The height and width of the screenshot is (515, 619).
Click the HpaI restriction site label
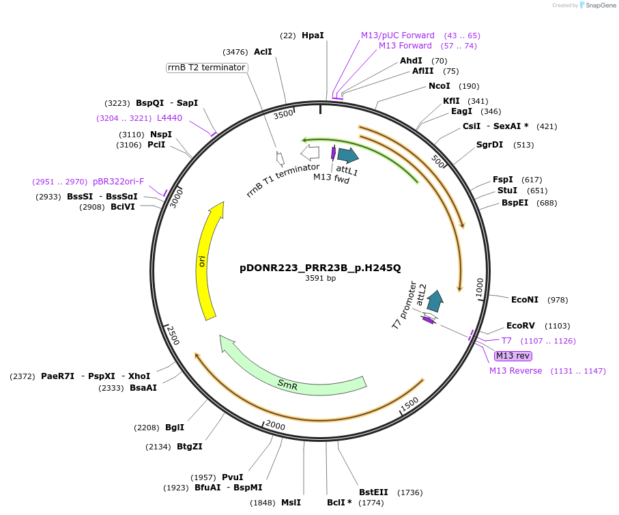(313, 35)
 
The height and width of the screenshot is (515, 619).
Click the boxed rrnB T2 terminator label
(207, 68)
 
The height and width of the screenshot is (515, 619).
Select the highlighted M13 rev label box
(513, 355)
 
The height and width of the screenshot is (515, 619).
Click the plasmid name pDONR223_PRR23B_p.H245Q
(320, 268)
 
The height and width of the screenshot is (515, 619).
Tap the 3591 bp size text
(320, 278)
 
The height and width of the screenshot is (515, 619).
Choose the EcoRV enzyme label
(519, 326)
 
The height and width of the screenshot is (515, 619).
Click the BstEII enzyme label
(373, 492)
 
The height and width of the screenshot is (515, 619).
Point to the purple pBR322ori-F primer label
(118, 182)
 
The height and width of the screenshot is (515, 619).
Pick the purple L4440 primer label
(169, 117)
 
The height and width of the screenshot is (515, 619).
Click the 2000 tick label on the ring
(274, 426)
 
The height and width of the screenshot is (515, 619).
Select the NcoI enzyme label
(439, 86)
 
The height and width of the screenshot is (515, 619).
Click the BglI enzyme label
(175, 428)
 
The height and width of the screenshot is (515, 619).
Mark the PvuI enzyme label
(232, 477)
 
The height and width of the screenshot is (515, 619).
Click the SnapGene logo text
(599, 5)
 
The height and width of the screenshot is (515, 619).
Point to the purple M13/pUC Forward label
(398, 35)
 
